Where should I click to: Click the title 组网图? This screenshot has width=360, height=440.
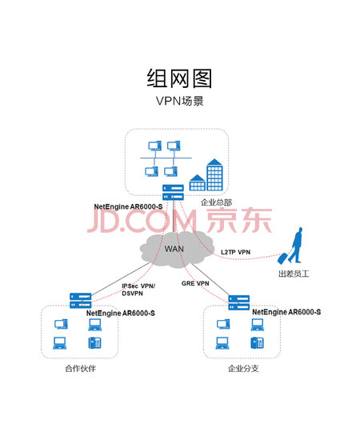click(179, 78)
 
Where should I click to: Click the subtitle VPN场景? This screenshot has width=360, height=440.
click(179, 101)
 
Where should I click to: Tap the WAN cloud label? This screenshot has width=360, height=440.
click(174, 249)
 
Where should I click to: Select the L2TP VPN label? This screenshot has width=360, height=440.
click(235, 252)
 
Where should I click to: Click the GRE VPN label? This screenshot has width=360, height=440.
click(195, 283)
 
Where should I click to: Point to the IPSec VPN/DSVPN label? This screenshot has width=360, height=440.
click(138, 290)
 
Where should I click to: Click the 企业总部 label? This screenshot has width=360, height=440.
click(216, 202)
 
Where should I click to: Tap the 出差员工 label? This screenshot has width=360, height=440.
click(294, 274)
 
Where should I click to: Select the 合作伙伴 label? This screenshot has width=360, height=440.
click(81, 368)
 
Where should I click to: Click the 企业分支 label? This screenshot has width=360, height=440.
click(243, 368)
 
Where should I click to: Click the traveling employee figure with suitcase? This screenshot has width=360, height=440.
click(290, 246)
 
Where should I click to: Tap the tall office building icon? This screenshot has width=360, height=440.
click(214, 174)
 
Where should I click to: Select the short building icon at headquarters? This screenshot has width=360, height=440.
click(198, 182)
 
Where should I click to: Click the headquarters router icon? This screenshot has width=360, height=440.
click(173, 192)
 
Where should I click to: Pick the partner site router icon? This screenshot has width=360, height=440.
click(81, 300)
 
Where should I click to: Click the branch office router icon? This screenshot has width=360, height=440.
click(238, 302)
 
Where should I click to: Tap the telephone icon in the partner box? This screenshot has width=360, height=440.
click(94, 342)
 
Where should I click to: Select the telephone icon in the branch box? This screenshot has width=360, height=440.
click(257, 342)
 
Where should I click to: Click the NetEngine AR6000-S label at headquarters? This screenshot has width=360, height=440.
click(128, 206)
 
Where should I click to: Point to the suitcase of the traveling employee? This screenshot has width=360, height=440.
click(282, 258)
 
